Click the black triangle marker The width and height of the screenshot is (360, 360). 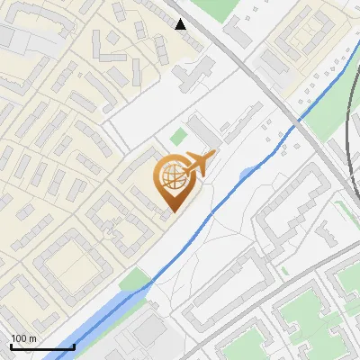(x=181, y=24)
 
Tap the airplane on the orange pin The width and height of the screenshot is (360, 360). (x=198, y=164)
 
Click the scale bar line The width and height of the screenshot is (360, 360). (x=41, y=347)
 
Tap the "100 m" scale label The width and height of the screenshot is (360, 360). (x=23, y=338)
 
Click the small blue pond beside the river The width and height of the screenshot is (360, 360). (x=247, y=171)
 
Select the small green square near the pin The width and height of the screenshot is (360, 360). (x=179, y=137)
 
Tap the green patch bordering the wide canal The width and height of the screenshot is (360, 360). (x=135, y=280)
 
